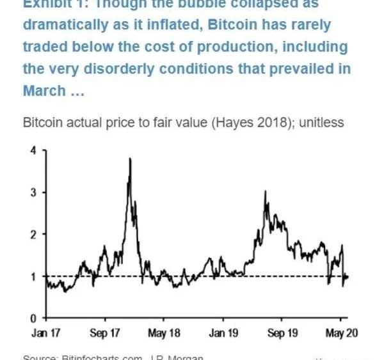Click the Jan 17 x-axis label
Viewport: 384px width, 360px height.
(x=46, y=333)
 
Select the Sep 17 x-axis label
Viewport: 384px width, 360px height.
(x=106, y=333)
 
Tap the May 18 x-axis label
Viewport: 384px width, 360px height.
(x=165, y=333)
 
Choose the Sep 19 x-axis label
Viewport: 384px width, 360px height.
(x=283, y=333)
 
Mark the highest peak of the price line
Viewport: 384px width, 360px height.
(x=131, y=159)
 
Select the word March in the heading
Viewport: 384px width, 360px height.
(x=44, y=91)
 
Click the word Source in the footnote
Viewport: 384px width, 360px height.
(x=39, y=357)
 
